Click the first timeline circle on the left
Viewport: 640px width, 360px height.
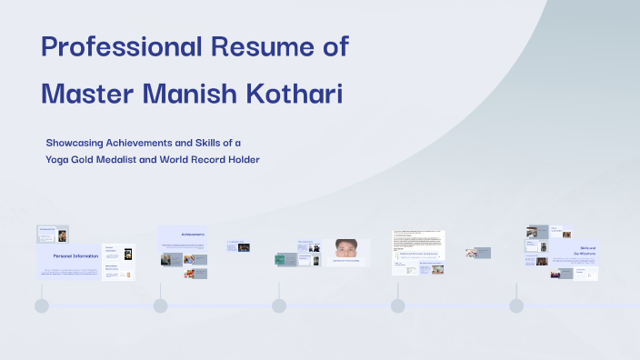[x=42, y=305]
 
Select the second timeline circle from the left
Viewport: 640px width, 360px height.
[x=160, y=305]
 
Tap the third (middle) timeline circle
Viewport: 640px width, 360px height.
[x=279, y=305]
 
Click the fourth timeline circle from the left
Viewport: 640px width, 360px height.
[x=397, y=305]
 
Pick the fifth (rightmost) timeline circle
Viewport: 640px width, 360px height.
[x=516, y=305]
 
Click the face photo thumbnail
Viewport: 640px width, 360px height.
[x=345, y=246]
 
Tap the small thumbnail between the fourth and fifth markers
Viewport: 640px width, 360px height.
[x=478, y=253]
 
